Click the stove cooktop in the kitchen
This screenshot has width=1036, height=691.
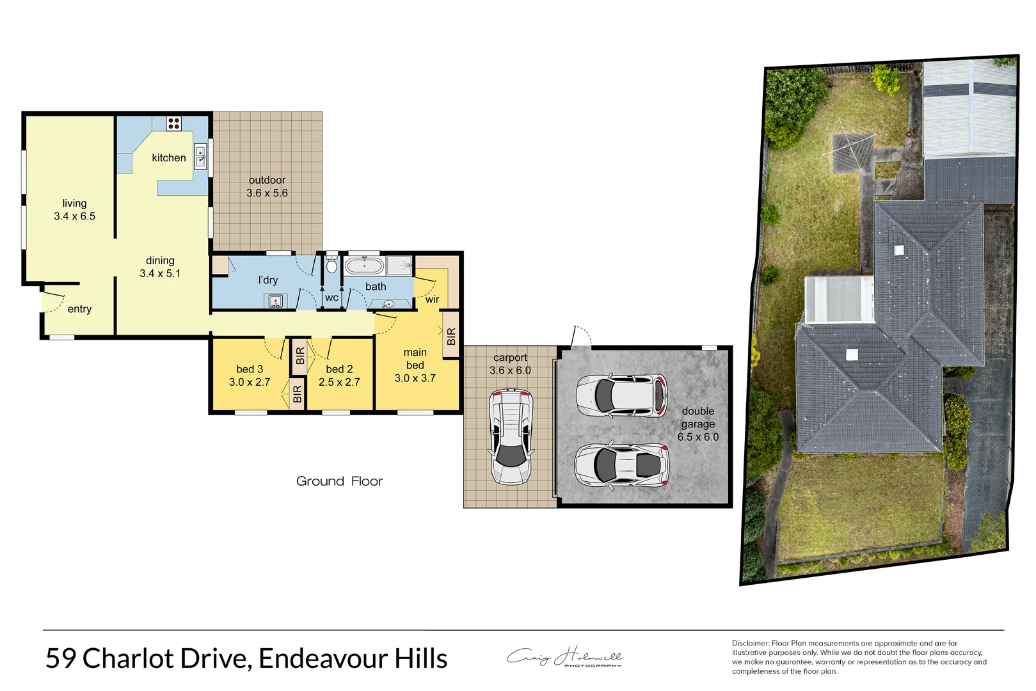[173, 123]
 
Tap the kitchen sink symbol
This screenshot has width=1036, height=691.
[200, 156]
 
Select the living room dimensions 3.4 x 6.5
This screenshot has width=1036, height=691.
[74, 216]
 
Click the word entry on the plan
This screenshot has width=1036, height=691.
[79, 309]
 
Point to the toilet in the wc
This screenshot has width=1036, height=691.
[331, 264]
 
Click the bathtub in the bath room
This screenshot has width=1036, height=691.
[364, 266]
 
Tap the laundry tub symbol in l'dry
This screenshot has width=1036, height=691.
[275, 301]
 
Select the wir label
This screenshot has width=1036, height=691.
[433, 299]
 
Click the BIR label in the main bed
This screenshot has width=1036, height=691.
[451, 337]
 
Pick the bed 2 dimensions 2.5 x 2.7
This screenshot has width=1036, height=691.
[339, 382]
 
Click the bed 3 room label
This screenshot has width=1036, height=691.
[250, 369]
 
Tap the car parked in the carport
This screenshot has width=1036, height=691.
[511, 437]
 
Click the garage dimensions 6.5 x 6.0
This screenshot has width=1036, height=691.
[698, 437]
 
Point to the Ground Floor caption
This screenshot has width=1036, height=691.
[339, 481]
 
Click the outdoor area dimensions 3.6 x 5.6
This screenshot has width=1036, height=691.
[267, 193]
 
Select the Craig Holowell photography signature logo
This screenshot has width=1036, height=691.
[564, 657]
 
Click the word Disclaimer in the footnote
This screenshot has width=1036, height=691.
[750, 643]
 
